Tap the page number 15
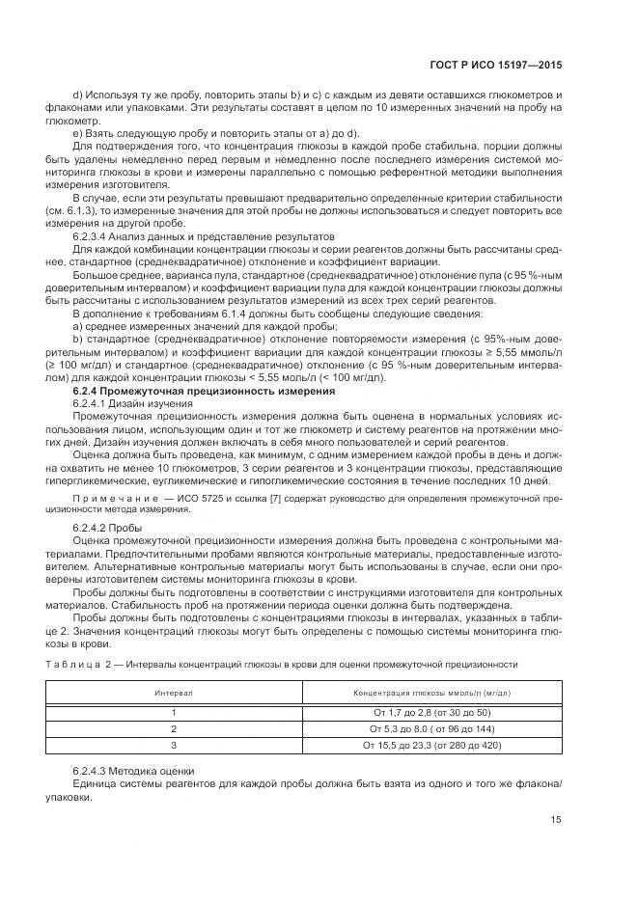pyautogui.click(x=555, y=819)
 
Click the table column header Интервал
pyautogui.click(x=175, y=693)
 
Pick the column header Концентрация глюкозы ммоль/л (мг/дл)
pyautogui.click(x=431, y=693)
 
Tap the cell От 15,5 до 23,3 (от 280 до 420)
pyautogui.click(x=431, y=745)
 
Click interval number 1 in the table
pyautogui.click(x=175, y=712)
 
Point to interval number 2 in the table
pyautogui.click(x=175, y=728)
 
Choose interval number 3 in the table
pyautogui.click(x=175, y=745)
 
